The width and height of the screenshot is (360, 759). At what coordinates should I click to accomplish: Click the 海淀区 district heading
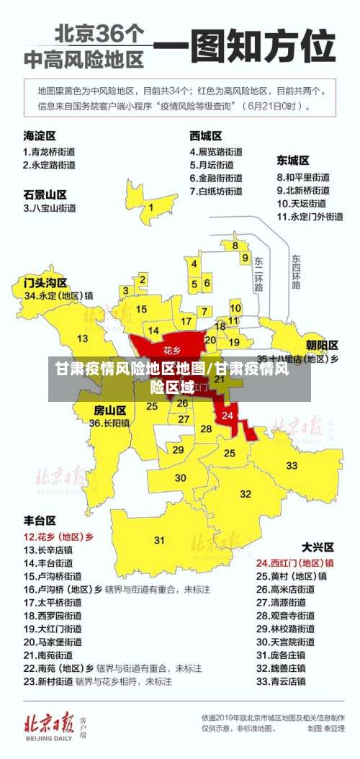click(40, 135)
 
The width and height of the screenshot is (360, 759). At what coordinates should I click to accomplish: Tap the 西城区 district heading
click(205, 135)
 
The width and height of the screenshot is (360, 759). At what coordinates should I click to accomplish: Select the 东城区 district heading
click(293, 160)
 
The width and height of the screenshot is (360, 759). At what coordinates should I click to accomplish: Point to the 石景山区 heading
click(45, 194)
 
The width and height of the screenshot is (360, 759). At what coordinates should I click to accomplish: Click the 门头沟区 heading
click(45, 281)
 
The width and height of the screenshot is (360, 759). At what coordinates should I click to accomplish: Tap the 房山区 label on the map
click(109, 410)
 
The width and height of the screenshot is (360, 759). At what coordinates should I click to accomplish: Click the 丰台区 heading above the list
click(40, 520)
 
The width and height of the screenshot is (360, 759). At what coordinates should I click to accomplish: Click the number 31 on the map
click(159, 539)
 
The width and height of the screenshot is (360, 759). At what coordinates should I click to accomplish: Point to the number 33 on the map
click(292, 465)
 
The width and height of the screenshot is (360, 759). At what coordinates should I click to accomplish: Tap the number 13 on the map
click(83, 338)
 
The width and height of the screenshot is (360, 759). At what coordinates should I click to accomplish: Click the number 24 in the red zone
click(228, 416)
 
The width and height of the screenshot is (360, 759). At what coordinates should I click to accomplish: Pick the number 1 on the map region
click(151, 207)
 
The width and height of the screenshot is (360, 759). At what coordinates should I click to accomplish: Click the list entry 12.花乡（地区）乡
click(59, 536)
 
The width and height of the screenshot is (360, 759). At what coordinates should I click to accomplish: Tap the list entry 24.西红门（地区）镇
click(295, 562)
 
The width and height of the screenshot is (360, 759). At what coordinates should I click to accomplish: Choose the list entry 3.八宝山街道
click(50, 208)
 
